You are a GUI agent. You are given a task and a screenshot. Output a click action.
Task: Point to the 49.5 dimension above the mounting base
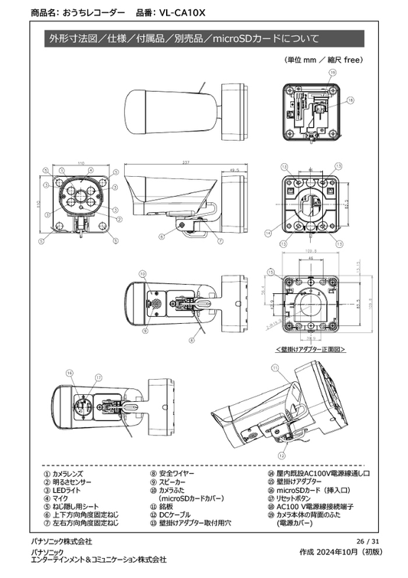click(234, 171)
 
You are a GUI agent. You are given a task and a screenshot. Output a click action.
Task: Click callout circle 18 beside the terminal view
click(351, 100)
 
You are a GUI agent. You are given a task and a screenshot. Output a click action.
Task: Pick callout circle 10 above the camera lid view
click(142, 273)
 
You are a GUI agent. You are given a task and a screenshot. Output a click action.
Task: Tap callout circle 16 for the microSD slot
click(70, 373)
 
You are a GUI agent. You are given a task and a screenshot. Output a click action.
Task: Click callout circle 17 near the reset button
click(99, 377)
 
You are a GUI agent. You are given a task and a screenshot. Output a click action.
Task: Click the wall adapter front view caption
click(310, 349)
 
